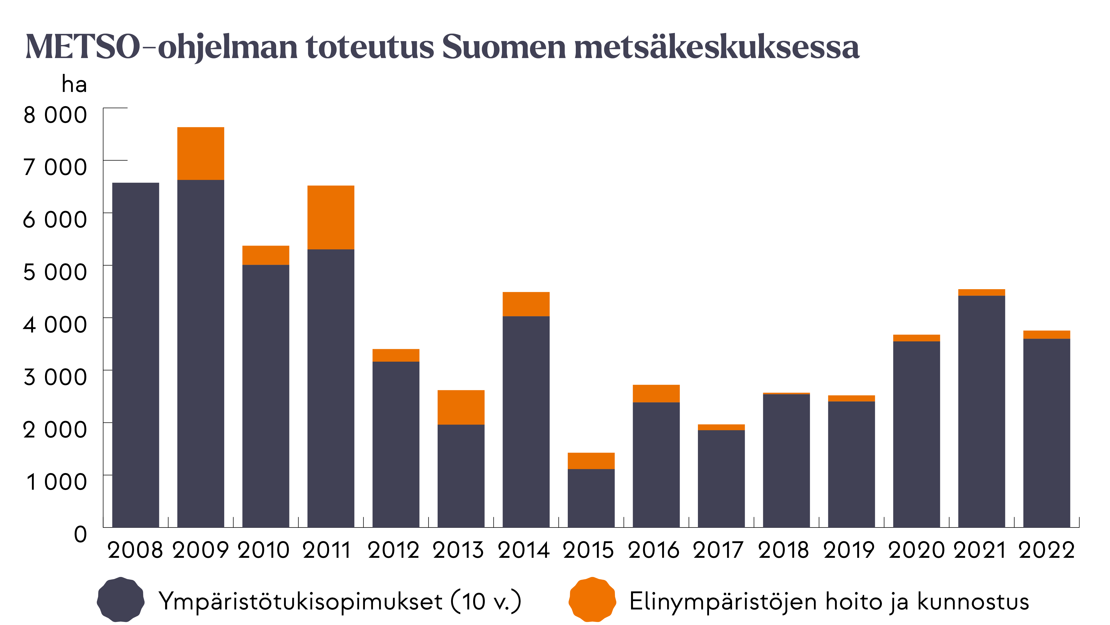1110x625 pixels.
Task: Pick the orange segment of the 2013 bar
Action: pos(461,407)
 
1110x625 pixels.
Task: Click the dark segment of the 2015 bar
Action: pos(591,498)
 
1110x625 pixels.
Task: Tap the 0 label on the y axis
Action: pos(80,534)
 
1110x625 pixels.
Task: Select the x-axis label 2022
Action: pos(1046,550)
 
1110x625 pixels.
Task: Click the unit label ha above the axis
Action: pos(74,84)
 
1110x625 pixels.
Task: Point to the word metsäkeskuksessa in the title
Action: pos(717,47)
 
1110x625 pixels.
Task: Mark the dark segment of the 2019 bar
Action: pos(851,464)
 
